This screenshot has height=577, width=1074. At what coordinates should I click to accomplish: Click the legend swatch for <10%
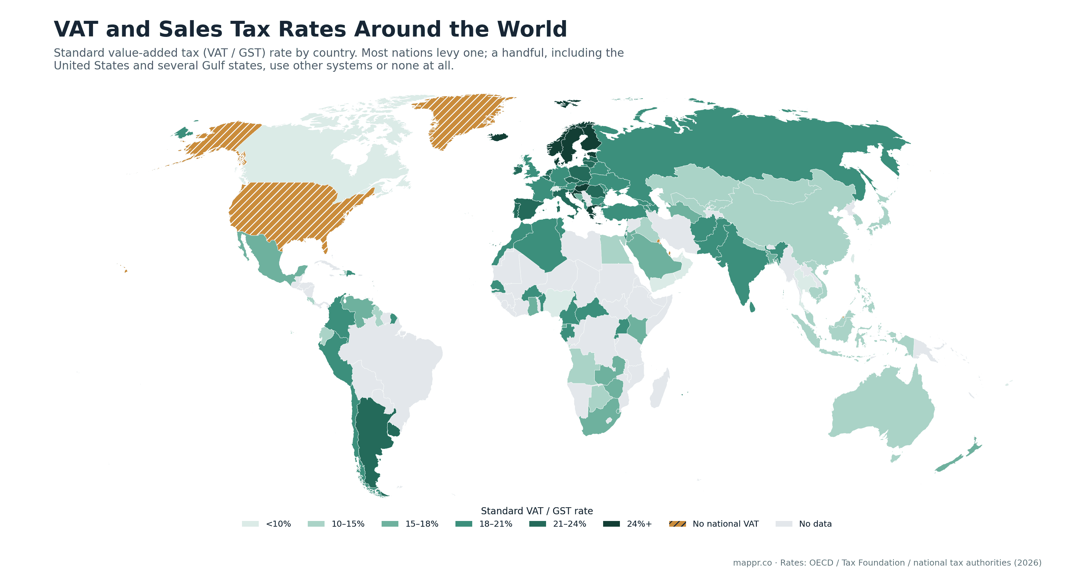[250, 524]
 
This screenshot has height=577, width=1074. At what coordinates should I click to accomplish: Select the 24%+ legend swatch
[611, 524]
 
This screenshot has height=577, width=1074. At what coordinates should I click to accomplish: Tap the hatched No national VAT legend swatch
[678, 524]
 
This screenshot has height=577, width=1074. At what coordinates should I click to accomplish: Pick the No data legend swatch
[784, 524]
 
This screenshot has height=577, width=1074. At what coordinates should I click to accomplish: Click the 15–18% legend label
[422, 524]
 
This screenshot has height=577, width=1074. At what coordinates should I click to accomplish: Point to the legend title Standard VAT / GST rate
[537, 511]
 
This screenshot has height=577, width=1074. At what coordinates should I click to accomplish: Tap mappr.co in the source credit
[752, 563]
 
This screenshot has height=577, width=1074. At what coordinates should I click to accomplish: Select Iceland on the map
[498, 137]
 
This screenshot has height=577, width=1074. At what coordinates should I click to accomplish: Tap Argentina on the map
[371, 441]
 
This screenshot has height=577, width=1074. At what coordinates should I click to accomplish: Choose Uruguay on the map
[393, 429]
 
